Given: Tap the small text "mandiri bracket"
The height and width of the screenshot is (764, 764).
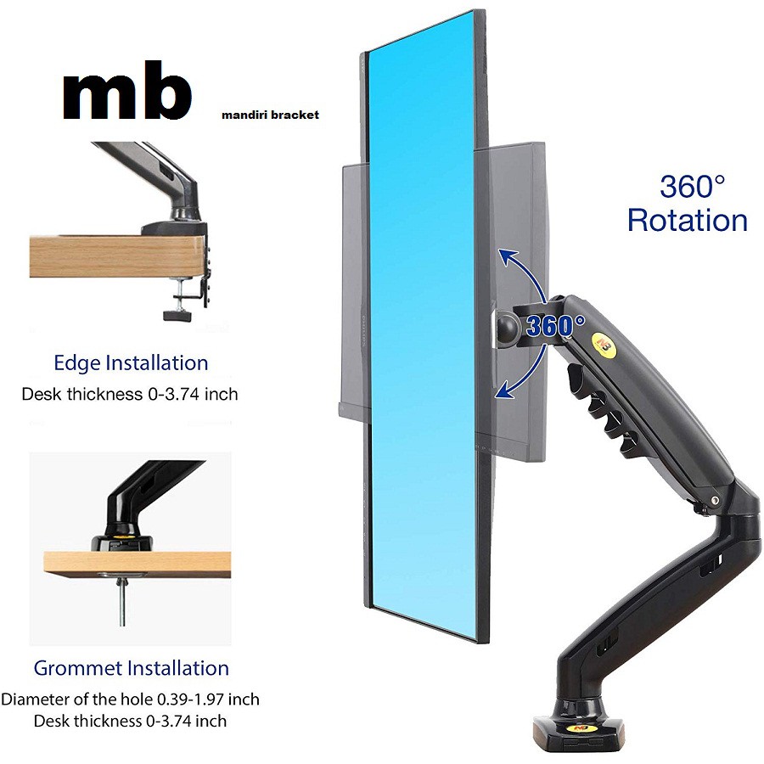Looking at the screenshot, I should click(270, 114).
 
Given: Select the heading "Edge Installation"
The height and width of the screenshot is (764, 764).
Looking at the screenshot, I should click(131, 363).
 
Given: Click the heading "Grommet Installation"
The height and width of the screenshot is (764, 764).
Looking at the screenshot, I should click(132, 668).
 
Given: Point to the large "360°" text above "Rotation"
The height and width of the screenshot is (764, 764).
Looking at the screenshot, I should click(693, 185).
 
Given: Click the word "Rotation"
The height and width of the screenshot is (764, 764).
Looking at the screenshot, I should click(688, 221).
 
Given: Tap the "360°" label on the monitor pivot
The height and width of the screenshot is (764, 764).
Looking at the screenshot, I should click(555, 325).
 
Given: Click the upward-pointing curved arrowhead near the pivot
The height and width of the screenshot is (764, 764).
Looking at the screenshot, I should click(507, 256).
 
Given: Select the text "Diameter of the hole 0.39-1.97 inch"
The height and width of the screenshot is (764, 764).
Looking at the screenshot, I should click(130, 700).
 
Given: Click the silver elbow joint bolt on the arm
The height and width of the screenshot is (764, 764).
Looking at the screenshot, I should click(716, 501).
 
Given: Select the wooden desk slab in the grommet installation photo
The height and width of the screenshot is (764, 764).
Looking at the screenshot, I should click(136, 564).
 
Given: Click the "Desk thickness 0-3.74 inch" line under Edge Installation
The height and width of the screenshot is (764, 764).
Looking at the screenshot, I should click(130, 395).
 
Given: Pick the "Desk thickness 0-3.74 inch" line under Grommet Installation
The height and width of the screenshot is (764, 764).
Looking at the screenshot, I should click(130, 721).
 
